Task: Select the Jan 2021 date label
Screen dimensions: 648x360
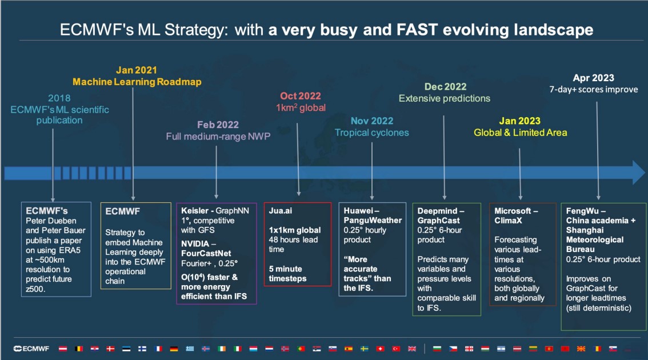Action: (137, 70)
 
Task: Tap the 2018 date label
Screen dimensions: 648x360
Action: (59, 98)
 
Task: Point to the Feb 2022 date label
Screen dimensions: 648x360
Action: (218, 125)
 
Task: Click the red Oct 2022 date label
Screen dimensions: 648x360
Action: (301, 97)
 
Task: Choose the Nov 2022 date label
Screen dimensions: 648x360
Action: (372, 121)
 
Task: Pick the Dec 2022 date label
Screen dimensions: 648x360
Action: (445, 87)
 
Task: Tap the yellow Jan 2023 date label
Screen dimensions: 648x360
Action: (520, 121)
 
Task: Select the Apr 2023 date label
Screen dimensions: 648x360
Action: (594, 78)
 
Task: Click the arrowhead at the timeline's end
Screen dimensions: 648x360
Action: (638, 173)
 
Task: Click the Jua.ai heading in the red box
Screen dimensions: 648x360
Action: (281, 211)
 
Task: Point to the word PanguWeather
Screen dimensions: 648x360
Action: (373, 221)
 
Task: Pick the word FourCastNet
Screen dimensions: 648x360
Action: (206, 253)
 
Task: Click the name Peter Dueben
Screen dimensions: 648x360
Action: (51, 221)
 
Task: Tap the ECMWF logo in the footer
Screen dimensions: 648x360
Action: (31, 349)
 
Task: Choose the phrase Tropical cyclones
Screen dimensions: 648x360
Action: (372, 133)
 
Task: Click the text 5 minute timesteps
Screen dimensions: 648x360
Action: (287, 274)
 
